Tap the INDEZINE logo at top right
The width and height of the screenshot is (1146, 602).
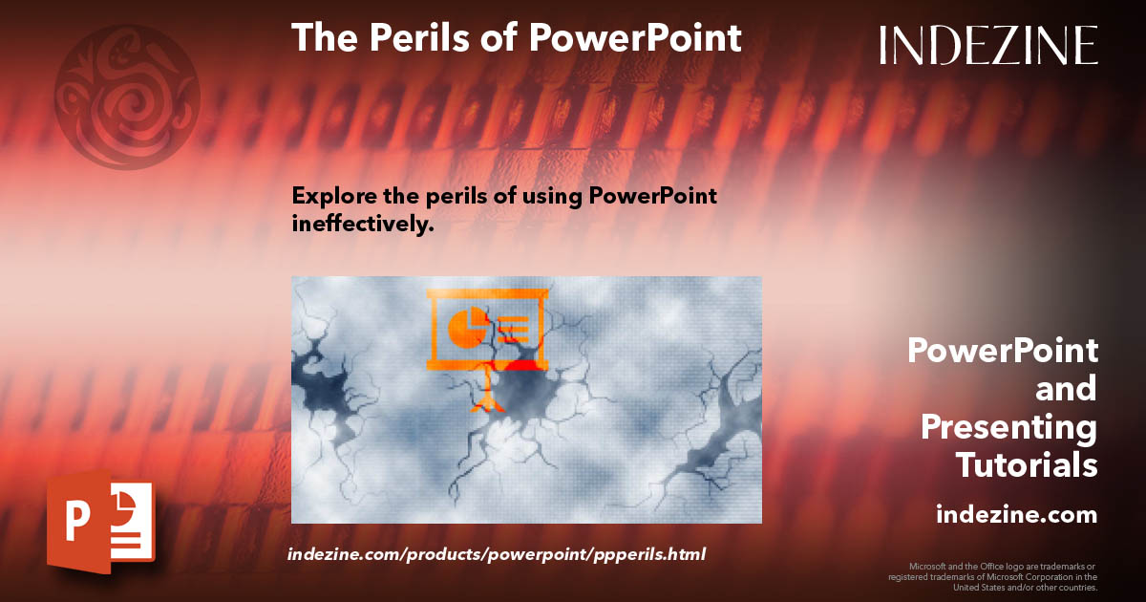[x=988, y=45]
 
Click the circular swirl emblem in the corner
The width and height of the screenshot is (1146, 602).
[x=127, y=97]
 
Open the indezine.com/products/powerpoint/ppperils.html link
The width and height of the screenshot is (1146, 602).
[x=496, y=554]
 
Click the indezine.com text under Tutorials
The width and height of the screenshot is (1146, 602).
[x=1016, y=514]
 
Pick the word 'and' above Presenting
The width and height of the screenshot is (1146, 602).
[x=1066, y=389]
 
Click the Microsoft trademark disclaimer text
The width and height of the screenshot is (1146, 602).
[x=992, y=576]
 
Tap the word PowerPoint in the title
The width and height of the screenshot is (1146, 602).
[x=635, y=37]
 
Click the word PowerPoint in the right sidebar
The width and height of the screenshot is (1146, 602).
[x=1002, y=351]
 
